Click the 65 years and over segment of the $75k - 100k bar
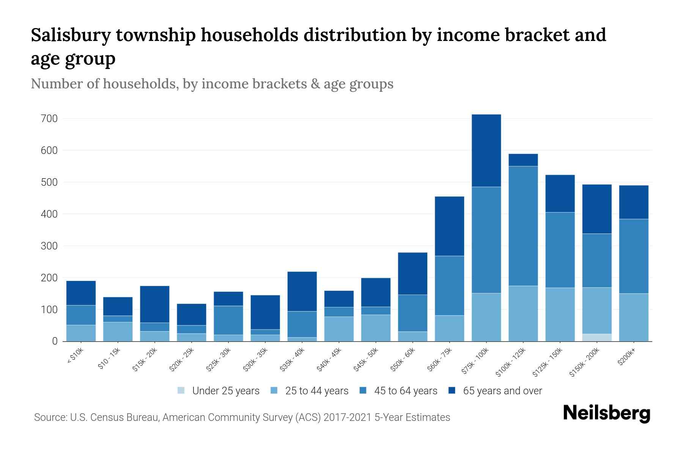(x=486, y=151)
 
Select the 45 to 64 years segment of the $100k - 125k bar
(x=523, y=226)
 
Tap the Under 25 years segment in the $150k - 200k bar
(x=597, y=337)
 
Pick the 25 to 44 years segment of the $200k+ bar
(x=634, y=317)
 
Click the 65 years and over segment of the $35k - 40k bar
(x=302, y=291)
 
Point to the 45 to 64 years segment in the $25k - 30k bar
(x=228, y=320)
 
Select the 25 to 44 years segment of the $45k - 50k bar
(x=376, y=328)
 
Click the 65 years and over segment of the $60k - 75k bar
(x=449, y=226)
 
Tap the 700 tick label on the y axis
(x=49, y=119)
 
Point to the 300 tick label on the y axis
(x=49, y=246)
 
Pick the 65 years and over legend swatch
(x=452, y=391)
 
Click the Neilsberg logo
(x=606, y=413)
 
